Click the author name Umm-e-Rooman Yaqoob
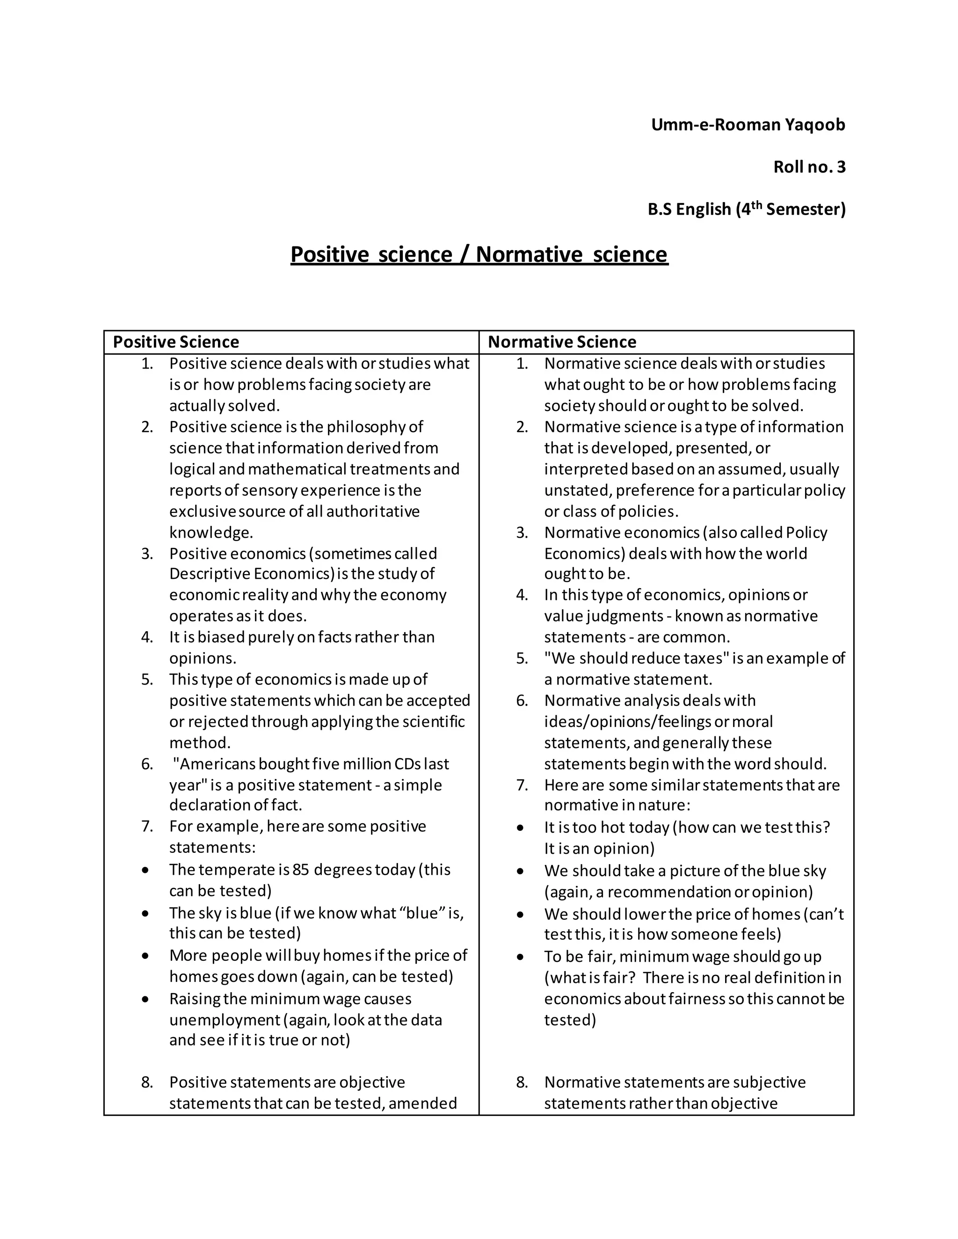tap(748, 125)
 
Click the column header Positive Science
tap(176, 342)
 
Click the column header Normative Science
tap(562, 342)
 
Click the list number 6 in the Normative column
tap(522, 701)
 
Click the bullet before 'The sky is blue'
tap(146, 914)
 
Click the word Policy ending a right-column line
tap(806, 533)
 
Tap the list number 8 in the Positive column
tap(147, 1082)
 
